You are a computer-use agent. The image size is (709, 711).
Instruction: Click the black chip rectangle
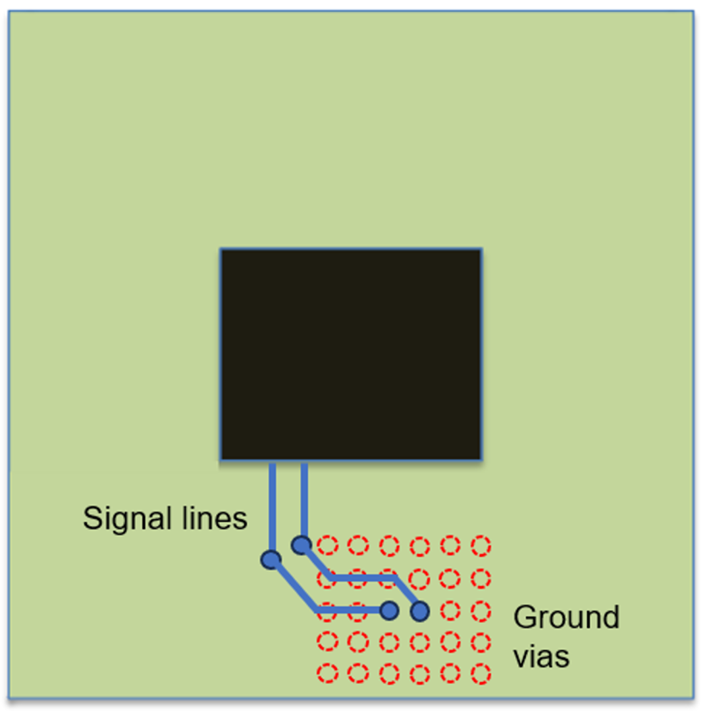(350, 354)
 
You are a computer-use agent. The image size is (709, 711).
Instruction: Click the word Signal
(124, 518)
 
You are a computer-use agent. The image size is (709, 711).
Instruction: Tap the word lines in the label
(209, 518)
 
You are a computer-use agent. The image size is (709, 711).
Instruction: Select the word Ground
(566, 618)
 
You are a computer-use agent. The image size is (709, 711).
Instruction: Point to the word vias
(541, 656)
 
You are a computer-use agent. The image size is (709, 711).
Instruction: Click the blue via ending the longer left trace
(389, 610)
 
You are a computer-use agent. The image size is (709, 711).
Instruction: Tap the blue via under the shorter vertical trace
(302, 544)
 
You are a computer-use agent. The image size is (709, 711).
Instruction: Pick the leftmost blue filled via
(271, 560)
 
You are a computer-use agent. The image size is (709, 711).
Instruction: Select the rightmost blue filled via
(419, 612)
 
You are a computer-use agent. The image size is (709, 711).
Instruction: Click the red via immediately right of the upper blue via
(327, 545)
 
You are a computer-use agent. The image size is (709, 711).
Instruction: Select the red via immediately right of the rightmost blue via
(450, 611)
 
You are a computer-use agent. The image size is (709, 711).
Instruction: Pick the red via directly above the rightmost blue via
(419, 579)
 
